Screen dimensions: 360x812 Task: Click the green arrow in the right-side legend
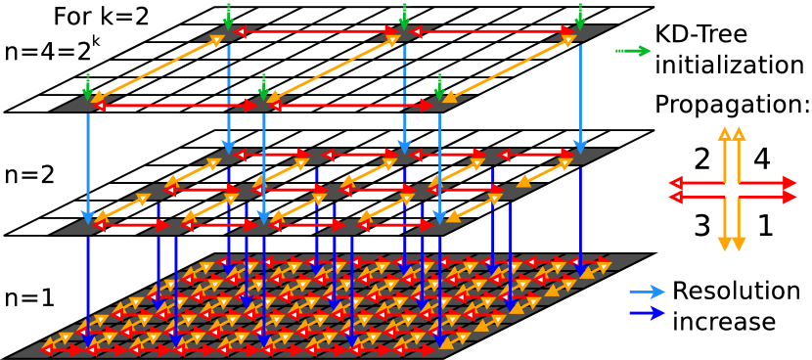[633, 51]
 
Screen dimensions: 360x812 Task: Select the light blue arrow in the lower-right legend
[647, 292]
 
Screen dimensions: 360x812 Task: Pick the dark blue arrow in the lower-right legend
[647, 313]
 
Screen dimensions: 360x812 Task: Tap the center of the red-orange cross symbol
[732, 190]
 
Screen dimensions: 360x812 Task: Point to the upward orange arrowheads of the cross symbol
[732, 134]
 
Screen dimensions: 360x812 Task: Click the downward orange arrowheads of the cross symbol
[732, 244]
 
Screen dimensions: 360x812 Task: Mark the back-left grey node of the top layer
[229, 33]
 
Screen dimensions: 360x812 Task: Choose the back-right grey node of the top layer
[580, 33]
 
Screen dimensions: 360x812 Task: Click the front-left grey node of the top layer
[88, 104]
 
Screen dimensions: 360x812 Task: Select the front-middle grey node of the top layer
[263, 104]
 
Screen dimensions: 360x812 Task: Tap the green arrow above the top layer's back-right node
[580, 16]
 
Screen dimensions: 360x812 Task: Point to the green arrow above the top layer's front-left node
[88, 86]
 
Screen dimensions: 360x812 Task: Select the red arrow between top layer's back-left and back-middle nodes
[316, 31]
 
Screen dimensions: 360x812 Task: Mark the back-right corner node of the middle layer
[580, 157]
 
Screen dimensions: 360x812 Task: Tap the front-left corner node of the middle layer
[88, 227]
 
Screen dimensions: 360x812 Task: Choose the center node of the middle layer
[334, 192]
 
